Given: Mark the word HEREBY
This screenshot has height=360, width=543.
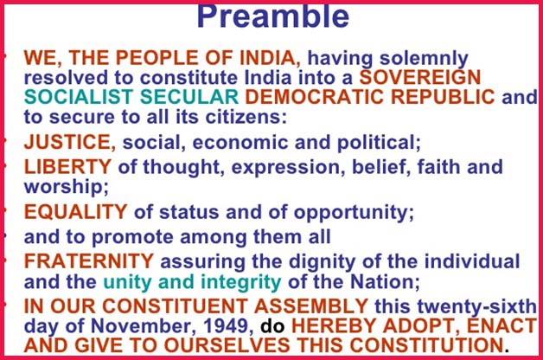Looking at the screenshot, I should pos(328,329).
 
